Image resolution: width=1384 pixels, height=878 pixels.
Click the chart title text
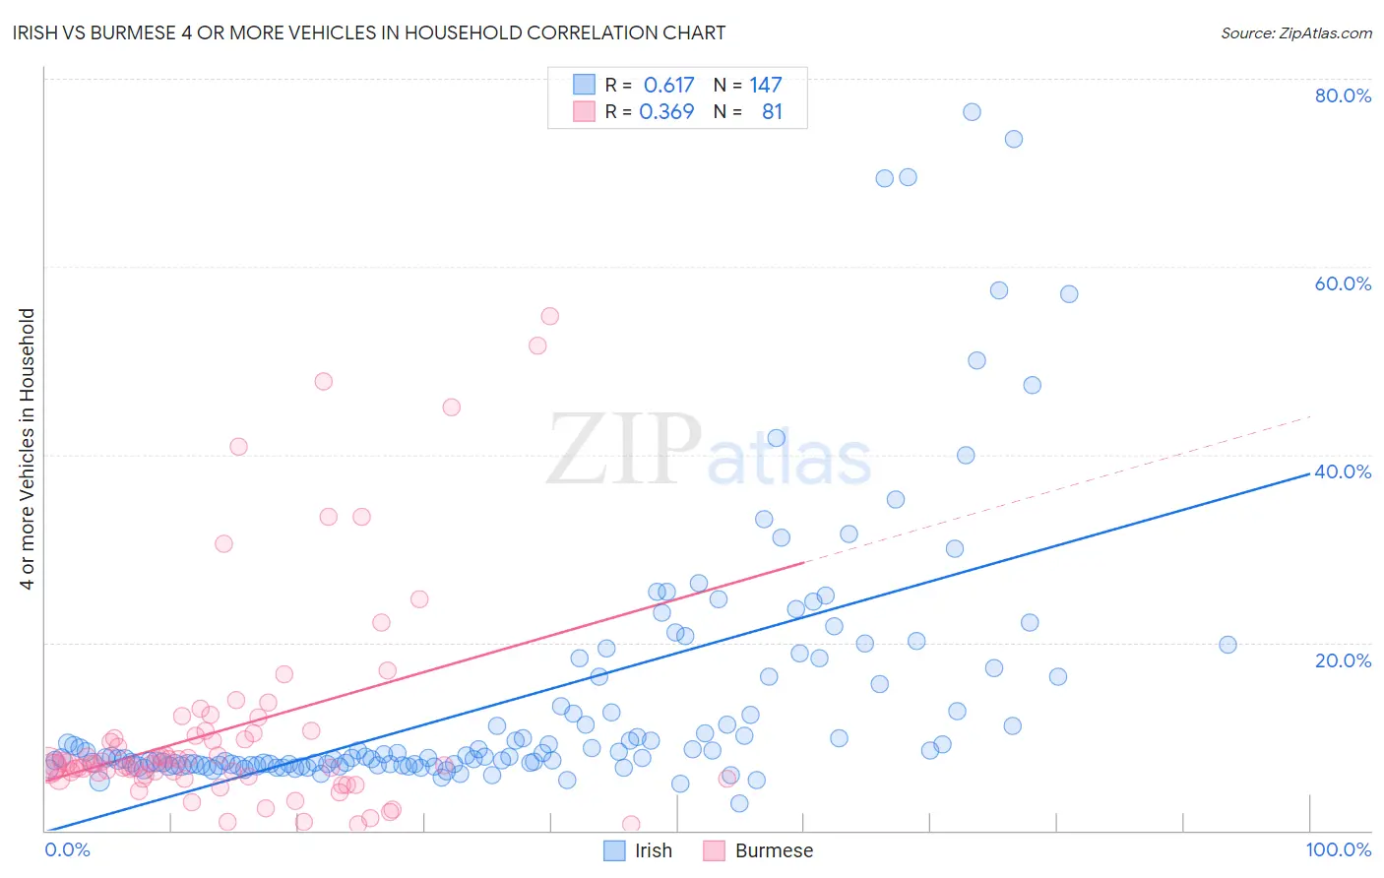point(369,32)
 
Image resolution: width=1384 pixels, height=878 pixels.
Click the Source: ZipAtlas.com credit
point(1295,32)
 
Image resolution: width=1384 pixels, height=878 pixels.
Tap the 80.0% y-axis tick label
point(1343,95)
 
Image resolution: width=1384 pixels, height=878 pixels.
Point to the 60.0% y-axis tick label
point(1343,283)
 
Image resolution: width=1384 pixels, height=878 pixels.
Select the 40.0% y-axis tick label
point(1343,471)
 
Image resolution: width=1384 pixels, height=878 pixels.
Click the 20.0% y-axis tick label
point(1343,659)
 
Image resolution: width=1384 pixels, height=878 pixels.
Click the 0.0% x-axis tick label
point(67,849)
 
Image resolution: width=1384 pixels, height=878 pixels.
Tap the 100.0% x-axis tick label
point(1338,849)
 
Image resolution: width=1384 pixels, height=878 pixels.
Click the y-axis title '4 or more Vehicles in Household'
point(27,449)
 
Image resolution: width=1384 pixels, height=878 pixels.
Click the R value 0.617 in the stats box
point(668,86)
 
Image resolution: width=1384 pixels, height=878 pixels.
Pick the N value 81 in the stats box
point(772,112)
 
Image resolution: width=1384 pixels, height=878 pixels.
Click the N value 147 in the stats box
point(765,86)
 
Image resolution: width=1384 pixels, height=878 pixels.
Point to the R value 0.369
point(666,112)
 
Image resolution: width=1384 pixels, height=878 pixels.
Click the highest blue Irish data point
point(972,112)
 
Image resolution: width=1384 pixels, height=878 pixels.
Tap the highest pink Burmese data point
point(549,316)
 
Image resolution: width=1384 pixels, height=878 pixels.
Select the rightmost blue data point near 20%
point(1227,645)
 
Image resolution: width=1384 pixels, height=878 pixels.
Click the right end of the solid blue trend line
point(1309,473)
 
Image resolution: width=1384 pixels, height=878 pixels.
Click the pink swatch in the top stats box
point(585,111)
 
